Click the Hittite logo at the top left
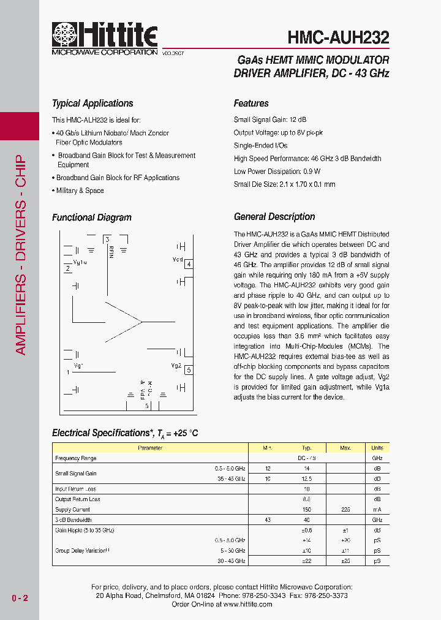tap(105, 36)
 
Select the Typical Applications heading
tap(92, 104)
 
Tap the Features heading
tap(251, 104)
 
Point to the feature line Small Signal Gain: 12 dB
tap(270, 120)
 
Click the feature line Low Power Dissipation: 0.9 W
tap(277, 172)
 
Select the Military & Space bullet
tap(80, 191)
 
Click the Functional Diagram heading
tap(92, 217)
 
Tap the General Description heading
tap(274, 217)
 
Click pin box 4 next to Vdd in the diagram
tap(189, 264)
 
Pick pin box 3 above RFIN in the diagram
tap(107, 239)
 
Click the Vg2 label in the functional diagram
tap(176, 366)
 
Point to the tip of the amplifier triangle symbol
tap(141, 321)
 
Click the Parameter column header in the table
tap(150, 448)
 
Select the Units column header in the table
tap(377, 448)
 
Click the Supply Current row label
tap(72, 509)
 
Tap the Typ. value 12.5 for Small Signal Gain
tap(307, 478)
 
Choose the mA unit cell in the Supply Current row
tap(377, 509)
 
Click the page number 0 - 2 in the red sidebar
tap(20, 598)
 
